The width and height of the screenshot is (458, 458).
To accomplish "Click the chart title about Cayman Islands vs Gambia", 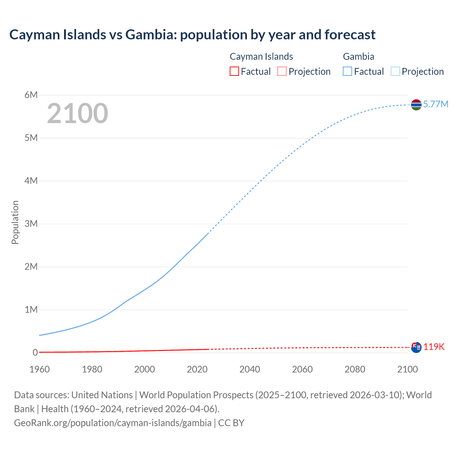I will point(192,35).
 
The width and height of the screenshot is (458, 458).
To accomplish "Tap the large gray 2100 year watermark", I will point(77,113).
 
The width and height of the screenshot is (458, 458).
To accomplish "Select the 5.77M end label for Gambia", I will point(435,104).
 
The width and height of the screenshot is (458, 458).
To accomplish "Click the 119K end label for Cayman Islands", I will point(434,347).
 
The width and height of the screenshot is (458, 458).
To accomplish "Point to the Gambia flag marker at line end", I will point(416,104).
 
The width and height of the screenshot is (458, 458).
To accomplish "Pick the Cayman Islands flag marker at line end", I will point(416,347).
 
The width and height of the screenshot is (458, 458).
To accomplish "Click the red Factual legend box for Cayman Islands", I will point(234,71).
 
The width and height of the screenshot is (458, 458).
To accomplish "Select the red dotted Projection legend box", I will point(282,71).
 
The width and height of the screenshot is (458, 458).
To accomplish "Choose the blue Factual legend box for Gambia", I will point(347,71).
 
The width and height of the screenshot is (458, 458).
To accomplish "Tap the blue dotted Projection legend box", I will point(395,71).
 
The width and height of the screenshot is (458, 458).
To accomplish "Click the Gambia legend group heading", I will point(359,57).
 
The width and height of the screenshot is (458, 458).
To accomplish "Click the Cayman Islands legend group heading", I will point(261,57).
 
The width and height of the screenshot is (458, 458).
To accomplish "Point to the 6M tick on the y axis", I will point(31,95).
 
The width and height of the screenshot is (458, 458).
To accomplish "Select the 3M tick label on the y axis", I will point(31,224).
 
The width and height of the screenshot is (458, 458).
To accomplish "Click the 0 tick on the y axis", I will point(35,352).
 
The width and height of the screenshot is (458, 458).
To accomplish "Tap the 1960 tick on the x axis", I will point(39,369).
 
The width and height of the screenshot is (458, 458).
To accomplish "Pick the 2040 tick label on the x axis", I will point(250,369).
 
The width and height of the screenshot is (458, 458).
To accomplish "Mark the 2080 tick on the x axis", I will point(355,369).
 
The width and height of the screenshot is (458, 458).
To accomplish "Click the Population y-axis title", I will point(15,222).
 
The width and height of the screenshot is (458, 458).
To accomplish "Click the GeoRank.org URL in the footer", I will point(113,423).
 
